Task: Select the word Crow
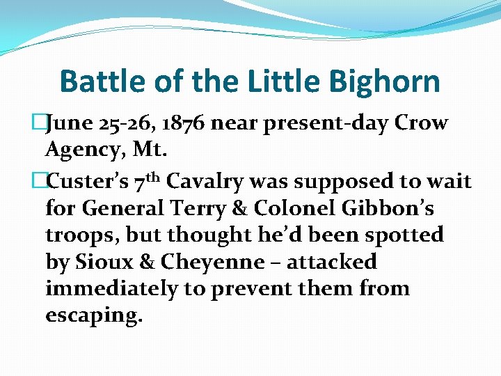pos(421,124)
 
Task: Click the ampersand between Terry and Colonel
pos(244,209)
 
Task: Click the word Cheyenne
pos(212,262)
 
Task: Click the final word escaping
pos(94,315)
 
